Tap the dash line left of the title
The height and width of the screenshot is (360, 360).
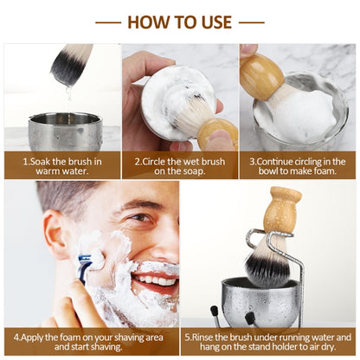[x=108, y=22]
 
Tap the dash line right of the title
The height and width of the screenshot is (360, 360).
[x=251, y=22]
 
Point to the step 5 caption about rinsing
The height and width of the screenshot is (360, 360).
[x=269, y=341]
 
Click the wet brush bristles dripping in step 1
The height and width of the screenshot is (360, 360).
[x=71, y=65]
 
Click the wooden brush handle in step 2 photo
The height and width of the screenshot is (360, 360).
[x=219, y=134]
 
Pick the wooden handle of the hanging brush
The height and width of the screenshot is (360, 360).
[x=282, y=212]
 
